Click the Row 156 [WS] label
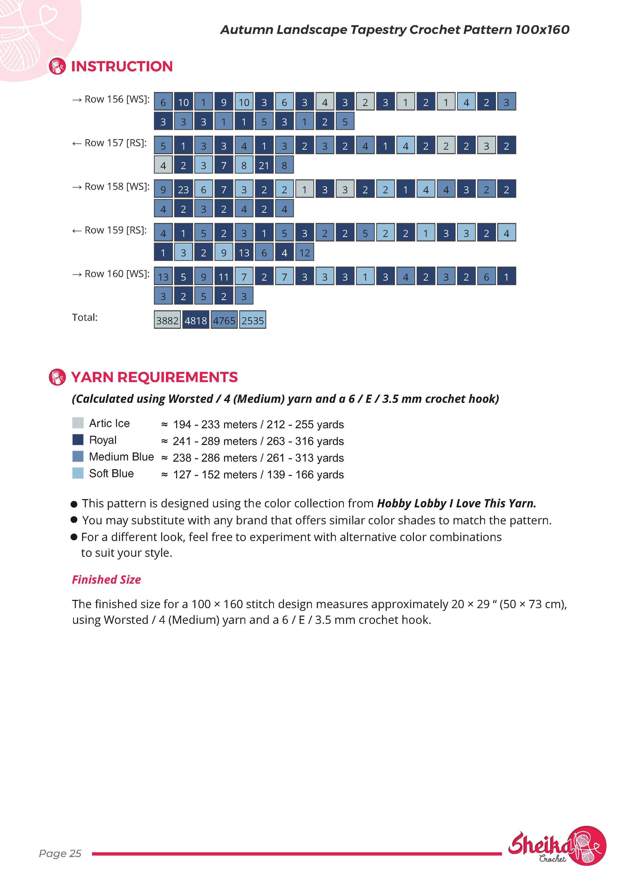coord(111,99)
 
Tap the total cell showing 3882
coord(167,320)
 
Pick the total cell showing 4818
coord(195,320)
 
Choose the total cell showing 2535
coord(252,320)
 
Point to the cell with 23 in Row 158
coord(183,189)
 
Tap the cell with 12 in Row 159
coord(305,252)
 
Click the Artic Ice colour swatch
coord(78,423)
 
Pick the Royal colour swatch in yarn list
coord(78,440)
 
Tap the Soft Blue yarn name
coord(111,473)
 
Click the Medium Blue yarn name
coord(122,456)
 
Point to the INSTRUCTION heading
coord(122,66)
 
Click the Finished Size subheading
coord(106,580)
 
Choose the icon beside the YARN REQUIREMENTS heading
coord(57,377)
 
